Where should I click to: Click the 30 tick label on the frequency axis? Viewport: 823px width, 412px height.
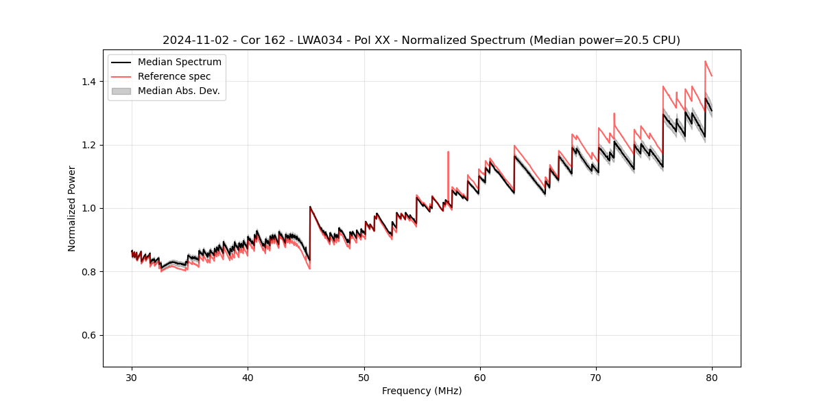[x=132, y=377]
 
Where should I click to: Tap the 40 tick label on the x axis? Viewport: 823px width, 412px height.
[x=248, y=377]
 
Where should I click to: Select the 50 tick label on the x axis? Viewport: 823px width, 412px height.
[x=364, y=377]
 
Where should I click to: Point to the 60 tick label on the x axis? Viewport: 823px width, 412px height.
[x=480, y=377]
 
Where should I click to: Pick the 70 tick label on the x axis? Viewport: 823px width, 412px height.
[x=596, y=377]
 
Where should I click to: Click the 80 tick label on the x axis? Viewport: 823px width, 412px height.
[x=712, y=377]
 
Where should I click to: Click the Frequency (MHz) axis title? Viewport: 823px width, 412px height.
[x=422, y=391]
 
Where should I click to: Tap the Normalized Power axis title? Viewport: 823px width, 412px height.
[x=71, y=208]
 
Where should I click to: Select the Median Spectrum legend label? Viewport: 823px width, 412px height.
[x=179, y=62]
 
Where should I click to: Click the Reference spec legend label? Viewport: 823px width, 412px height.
[x=174, y=76]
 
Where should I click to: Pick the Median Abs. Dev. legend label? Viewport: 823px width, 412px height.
[x=178, y=91]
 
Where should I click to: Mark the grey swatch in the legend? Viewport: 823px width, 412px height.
[x=121, y=91]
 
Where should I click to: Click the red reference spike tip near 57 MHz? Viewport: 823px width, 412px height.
[x=448, y=152]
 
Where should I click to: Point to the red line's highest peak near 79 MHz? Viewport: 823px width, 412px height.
[x=705, y=61]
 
